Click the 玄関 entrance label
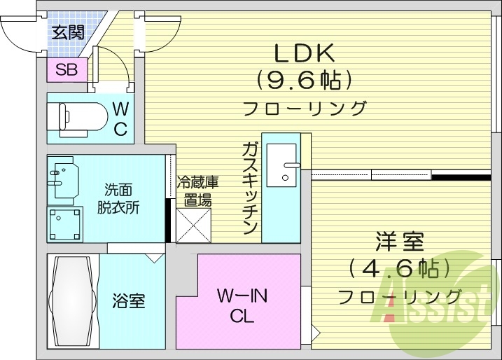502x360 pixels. [67, 33]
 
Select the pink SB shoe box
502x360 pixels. [67, 69]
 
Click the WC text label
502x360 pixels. [120, 119]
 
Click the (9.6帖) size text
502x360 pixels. [303, 81]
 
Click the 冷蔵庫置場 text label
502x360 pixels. [197, 191]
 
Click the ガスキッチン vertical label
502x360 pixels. [250, 187]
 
